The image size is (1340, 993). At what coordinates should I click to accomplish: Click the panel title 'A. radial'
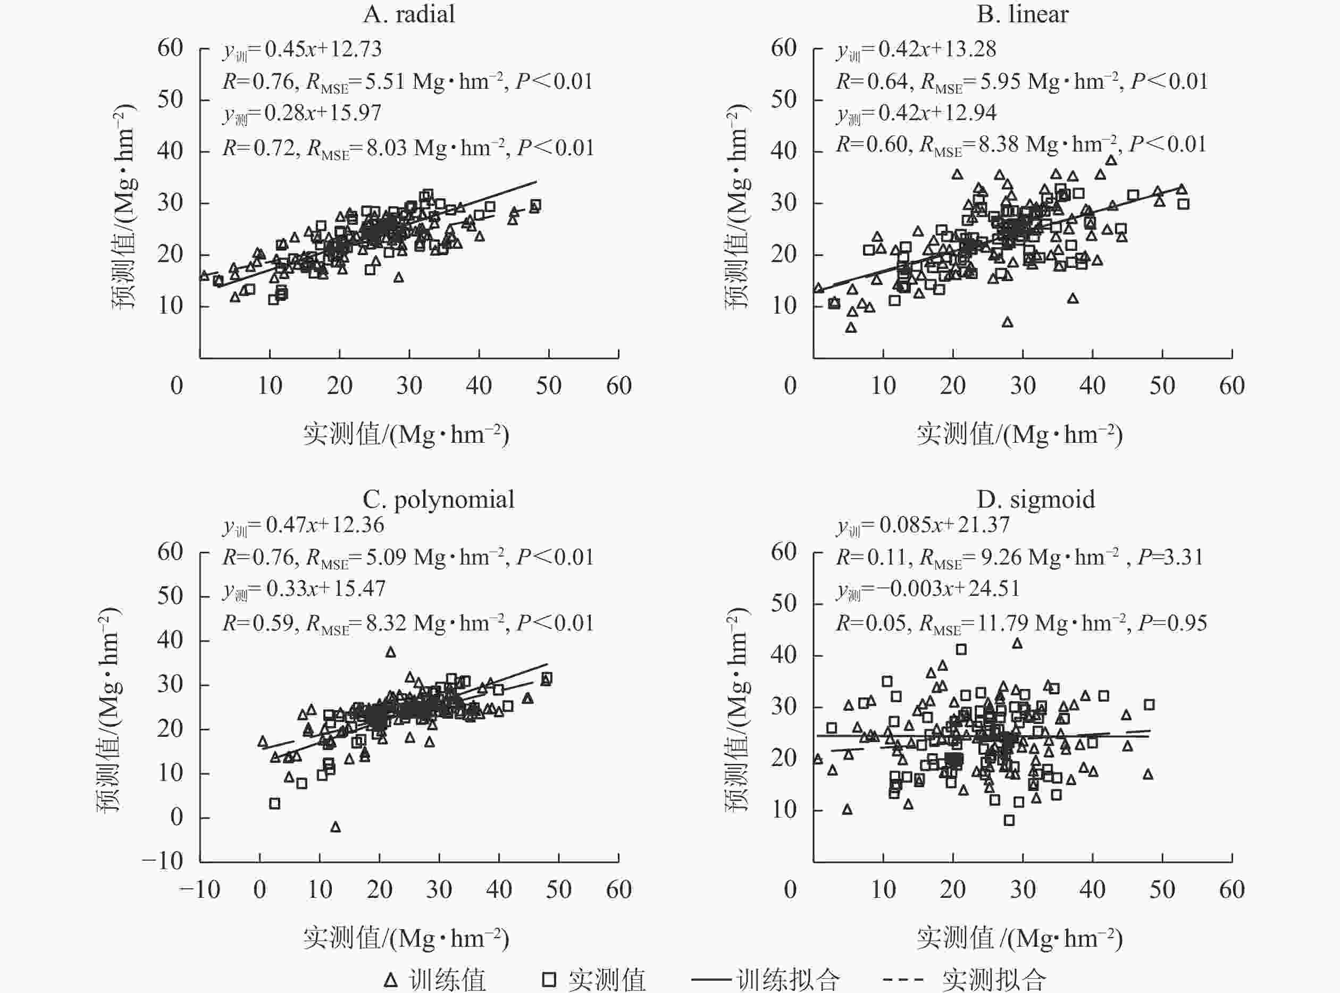click(x=409, y=14)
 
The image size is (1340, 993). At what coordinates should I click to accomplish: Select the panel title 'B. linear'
click(x=1023, y=14)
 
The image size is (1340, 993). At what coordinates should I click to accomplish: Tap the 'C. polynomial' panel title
click(x=438, y=500)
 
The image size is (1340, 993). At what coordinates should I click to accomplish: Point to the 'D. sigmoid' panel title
click(x=1035, y=500)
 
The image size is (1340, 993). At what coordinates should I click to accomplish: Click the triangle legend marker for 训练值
click(x=391, y=980)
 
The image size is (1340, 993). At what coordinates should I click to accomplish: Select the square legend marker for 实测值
click(x=549, y=980)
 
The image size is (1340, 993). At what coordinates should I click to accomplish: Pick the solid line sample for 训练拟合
click(x=713, y=980)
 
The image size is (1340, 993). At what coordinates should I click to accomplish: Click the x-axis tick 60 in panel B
click(x=1232, y=386)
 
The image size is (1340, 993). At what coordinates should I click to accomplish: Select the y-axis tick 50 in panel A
click(x=170, y=99)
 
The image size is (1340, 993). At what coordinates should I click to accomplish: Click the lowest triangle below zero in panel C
click(x=336, y=827)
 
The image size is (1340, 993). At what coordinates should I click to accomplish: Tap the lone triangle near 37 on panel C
click(x=391, y=652)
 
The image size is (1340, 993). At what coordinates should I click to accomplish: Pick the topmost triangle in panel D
click(x=1017, y=643)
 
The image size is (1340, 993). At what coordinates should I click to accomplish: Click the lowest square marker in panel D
click(x=1009, y=820)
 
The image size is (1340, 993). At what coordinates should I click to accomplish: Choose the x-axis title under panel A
click(x=406, y=434)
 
